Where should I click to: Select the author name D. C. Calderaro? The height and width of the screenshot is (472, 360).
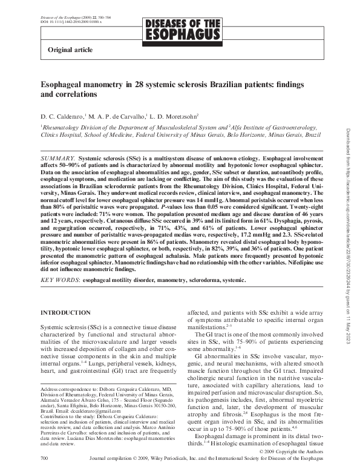(62, 115)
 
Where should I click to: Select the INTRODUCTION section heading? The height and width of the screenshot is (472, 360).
(65, 312)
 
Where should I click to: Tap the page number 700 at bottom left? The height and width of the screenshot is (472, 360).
(44, 459)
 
